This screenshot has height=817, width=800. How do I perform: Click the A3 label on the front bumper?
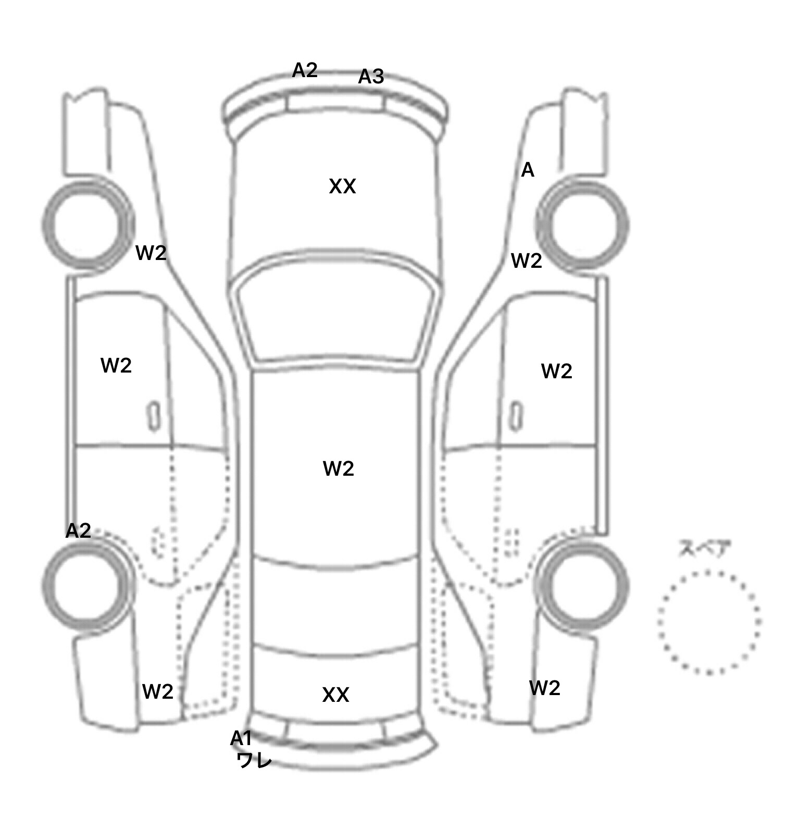pos(371,77)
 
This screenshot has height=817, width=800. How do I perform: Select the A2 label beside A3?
pos(305,70)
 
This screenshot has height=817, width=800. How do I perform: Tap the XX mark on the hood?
pos(342,186)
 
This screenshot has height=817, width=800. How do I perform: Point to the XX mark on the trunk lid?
pos(335,695)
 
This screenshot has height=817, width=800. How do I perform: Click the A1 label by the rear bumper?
pos(241,738)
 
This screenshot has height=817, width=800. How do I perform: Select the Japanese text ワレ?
pos(254,760)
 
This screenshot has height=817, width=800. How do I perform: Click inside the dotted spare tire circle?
pos(709,622)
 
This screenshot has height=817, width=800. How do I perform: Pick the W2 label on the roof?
pos(339,469)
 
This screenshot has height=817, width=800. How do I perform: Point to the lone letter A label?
pos(528,170)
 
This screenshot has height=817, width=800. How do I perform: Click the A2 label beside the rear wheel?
pos(78,530)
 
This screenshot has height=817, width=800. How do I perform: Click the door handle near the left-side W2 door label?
pos(153,416)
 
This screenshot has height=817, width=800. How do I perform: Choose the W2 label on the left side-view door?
pos(116,366)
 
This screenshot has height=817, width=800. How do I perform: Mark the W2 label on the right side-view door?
pos(557,371)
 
